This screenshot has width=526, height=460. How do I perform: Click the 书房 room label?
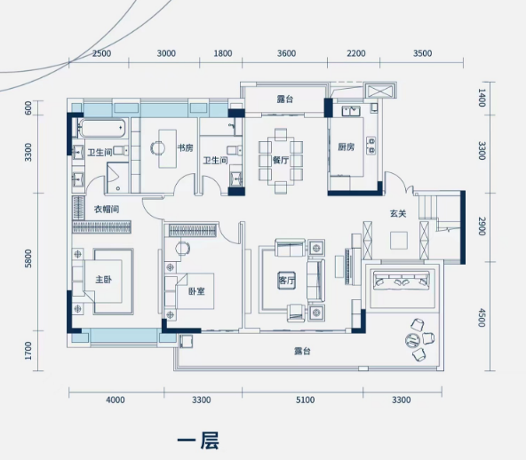185,147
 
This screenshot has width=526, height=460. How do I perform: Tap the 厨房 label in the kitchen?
346,147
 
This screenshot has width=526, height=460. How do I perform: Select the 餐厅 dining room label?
281,160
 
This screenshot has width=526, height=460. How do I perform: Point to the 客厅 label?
287,281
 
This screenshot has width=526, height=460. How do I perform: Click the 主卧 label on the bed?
104,279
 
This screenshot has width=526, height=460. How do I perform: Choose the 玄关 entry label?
398,213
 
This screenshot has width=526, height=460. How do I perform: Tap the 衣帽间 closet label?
107,210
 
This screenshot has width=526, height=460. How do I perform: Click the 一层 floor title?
198,440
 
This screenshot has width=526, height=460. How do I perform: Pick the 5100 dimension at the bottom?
306,400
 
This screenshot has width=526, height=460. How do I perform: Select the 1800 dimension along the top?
223,53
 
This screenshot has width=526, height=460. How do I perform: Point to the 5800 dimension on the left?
28,258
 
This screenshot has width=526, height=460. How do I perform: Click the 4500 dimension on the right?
482,318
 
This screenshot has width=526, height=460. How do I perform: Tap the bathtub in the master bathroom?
102,128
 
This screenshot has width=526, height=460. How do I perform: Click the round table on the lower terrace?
412,341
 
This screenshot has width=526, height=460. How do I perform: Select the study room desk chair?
157,147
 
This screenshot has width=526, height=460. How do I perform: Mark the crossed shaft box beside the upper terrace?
380,91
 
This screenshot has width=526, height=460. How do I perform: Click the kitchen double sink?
351,111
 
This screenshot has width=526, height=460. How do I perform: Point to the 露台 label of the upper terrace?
285,99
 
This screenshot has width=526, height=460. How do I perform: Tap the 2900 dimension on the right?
482,226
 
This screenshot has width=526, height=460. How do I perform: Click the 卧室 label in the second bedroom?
196,291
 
